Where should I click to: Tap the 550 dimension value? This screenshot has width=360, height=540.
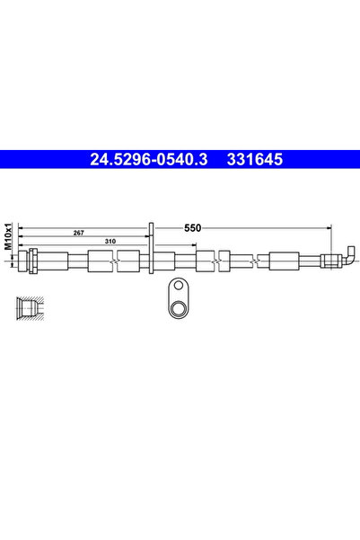pos(192,228)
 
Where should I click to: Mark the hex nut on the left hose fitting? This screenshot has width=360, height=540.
pos(32,261)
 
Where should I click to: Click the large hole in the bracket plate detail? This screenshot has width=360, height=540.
pos(179,309)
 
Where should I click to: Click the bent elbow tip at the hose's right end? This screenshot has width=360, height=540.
pos(348,253)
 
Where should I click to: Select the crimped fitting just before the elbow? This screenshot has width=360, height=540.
pos(329,261)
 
